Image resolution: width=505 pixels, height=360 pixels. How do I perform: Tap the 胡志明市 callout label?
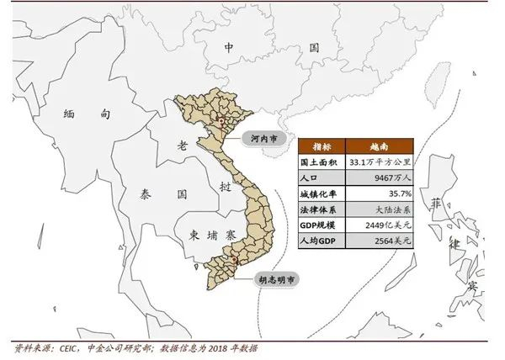coord(277,278)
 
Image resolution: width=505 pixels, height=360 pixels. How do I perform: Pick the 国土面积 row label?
coord(321,161)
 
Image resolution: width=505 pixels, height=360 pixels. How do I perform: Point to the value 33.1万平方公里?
coord(380,161)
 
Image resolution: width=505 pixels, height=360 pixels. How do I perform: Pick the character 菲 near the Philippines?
coord(435,204)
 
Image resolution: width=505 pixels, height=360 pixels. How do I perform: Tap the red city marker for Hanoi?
coord(221,122)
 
